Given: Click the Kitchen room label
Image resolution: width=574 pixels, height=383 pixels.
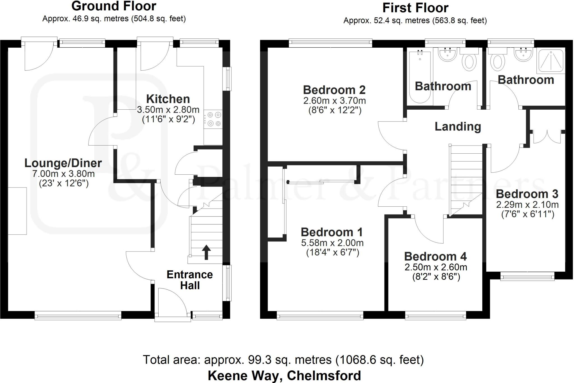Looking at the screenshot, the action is click(x=168, y=99).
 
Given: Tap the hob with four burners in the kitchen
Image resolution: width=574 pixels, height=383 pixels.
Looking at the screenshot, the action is click(x=213, y=119).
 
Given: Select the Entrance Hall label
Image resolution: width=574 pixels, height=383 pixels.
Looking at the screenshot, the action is click(x=190, y=280).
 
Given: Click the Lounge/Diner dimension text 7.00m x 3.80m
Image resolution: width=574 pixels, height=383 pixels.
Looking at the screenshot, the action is click(x=63, y=174).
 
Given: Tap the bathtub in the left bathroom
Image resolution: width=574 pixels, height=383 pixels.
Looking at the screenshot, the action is click(x=420, y=77).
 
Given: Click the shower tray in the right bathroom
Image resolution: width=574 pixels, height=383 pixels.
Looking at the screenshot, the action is click(x=551, y=60).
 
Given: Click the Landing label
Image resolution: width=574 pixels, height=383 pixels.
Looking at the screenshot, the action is click(x=458, y=126).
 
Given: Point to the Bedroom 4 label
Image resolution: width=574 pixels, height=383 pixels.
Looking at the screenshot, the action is click(x=435, y=257).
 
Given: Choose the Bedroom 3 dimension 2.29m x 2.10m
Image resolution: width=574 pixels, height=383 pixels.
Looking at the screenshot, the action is click(x=527, y=205).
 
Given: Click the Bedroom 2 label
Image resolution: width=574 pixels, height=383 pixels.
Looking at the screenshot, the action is click(x=334, y=90).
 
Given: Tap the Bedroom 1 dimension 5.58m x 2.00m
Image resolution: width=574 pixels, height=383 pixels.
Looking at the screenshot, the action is click(x=332, y=243).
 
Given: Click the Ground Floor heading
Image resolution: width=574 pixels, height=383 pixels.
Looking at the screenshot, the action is click(x=114, y=6).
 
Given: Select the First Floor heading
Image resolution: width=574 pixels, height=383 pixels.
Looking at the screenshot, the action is click(x=415, y=8).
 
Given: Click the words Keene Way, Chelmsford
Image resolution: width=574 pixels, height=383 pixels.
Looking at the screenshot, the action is click(x=284, y=375).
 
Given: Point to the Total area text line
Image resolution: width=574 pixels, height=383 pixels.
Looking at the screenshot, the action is click(x=283, y=360).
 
